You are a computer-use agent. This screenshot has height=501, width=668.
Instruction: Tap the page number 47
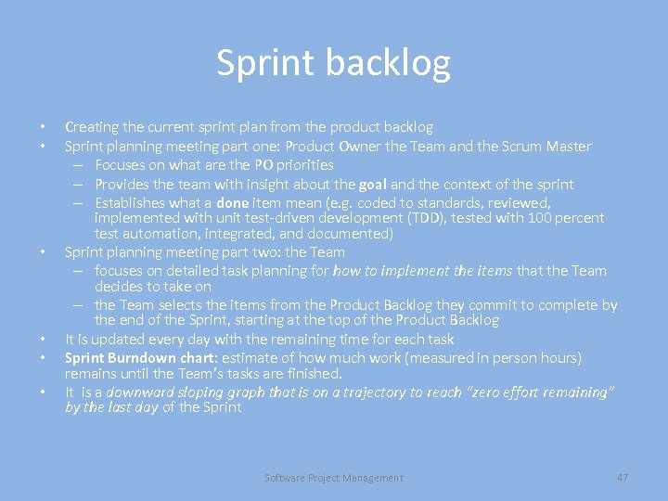pos(623,477)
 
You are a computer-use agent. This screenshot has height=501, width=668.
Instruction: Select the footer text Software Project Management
pos(334,478)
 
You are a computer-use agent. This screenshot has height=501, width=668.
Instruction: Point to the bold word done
pos(232,202)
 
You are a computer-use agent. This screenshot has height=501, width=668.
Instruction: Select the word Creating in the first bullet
pos(91,126)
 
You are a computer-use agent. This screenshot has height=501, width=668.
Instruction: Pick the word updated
pos(116,339)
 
